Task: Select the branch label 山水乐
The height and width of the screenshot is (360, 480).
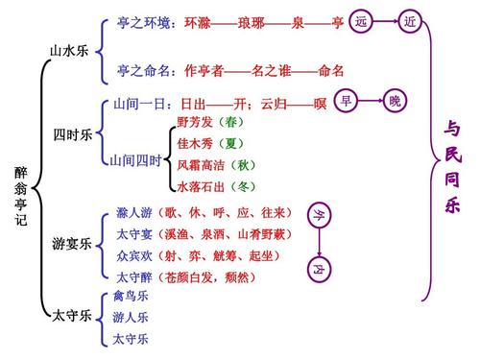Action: pos(69,50)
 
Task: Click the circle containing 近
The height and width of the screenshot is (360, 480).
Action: pos(411,21)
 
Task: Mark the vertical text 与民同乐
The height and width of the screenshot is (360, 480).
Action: pos(451,168)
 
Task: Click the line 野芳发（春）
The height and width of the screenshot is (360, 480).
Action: pos(209,123)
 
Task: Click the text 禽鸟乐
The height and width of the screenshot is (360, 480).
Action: pos(131,297)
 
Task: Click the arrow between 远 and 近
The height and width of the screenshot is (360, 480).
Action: pos(386,21)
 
